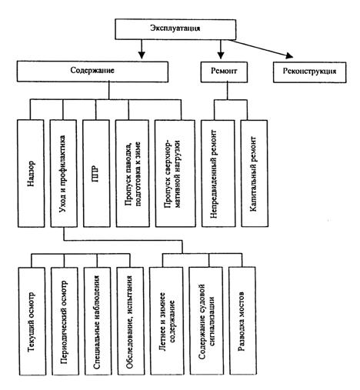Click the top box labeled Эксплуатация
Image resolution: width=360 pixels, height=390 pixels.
click(175, 29)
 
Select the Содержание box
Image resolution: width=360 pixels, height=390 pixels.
click(92, 72)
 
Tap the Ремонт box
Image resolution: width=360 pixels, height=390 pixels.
click(224, 72)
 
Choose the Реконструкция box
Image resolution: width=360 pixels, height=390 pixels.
click(309, 72)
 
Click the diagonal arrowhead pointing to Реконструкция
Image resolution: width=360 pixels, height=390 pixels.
click(289, 55)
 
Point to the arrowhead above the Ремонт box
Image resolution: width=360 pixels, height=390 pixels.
click(221, 55)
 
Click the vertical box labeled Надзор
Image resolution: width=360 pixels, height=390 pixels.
click(31, 173)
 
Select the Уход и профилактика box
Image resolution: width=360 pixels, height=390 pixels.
click(64, 173)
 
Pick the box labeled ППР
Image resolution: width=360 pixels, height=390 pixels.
click(97, 173)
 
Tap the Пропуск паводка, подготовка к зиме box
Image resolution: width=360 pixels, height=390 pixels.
click(132, 173)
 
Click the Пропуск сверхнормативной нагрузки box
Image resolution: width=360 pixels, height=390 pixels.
click(175, 173)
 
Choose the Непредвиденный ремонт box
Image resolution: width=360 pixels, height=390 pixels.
click(218, 173)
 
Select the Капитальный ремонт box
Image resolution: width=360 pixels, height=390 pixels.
click(255, 173)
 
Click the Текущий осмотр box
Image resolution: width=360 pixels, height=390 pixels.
click(32, 322)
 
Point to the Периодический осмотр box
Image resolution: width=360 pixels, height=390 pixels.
click(65, 322)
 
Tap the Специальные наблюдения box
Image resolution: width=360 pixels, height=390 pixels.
click(98, 322)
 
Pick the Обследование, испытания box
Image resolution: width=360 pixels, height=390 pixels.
click(131, 322)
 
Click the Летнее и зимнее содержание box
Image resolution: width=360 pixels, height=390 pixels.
click(167, 321)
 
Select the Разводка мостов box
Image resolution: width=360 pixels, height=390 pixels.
click(243, 321)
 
